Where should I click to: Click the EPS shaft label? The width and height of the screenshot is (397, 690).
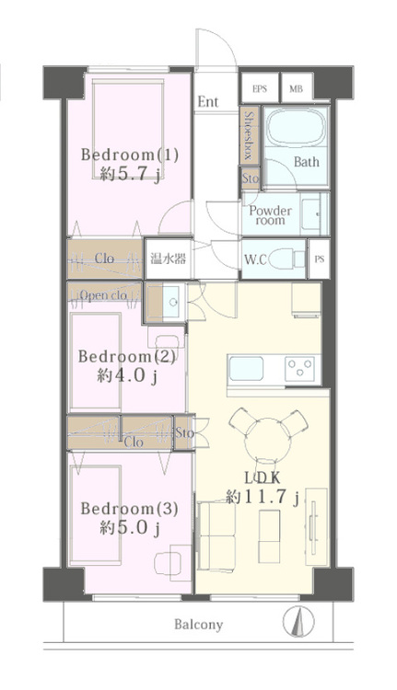click(260, 89)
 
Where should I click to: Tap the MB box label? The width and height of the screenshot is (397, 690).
click(296, 89)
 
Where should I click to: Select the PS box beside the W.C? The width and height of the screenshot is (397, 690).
click(319, 259)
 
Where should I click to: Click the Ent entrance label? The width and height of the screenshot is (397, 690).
click(208, 101)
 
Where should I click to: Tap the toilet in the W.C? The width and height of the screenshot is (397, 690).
click(286, 259)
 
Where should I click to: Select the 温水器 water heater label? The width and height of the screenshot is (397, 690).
click(169, 259)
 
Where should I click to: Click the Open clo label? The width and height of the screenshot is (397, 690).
click(104, 294)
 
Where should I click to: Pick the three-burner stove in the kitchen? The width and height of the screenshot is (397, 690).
click(301, 368)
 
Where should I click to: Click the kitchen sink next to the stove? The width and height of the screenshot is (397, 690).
click(245, 369)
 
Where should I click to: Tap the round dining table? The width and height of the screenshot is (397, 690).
click(268, 440)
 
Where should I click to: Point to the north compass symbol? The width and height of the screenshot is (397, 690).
click(298, 621)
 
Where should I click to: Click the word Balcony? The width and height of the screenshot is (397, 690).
click(198, 624)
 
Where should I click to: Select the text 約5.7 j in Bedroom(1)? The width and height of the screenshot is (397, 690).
click(130, 174)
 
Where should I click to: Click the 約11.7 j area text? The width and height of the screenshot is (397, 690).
click(263, 497)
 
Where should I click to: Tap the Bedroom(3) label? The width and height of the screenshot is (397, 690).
click(130, 509)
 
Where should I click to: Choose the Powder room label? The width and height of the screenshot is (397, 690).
click(270, 215)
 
